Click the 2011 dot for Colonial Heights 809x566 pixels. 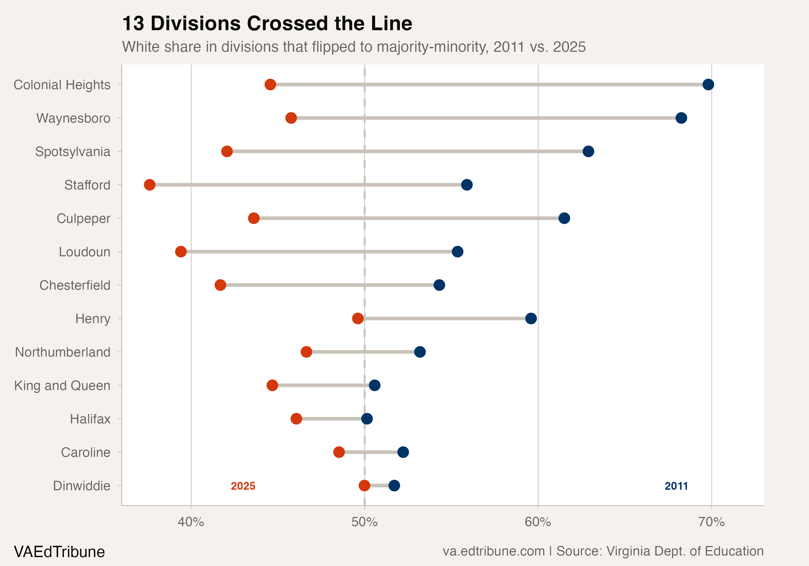click(x=708, y=85)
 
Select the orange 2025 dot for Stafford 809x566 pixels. click(x=149, y=185)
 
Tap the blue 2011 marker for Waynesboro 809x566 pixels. click(x=681, y=118)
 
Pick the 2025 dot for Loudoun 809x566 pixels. click(x=181, y=251)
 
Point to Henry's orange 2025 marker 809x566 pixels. click(x=358, y=318)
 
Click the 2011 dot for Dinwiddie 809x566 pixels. click(x=394, y=485)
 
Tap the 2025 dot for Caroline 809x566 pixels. click(x=339, y=452)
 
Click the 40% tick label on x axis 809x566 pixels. click(x=191, y=522)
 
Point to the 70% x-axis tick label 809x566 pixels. click(x=711, y=522)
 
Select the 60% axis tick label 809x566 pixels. click(x=538, y=522)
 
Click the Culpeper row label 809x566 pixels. click(x=84, y=218)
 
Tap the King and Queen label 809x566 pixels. click(x=62, y=385)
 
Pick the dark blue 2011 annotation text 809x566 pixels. click(x=676, y=486)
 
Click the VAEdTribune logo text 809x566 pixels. click(x=59, y=551)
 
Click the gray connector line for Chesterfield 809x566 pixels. click(x=330, y=285)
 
